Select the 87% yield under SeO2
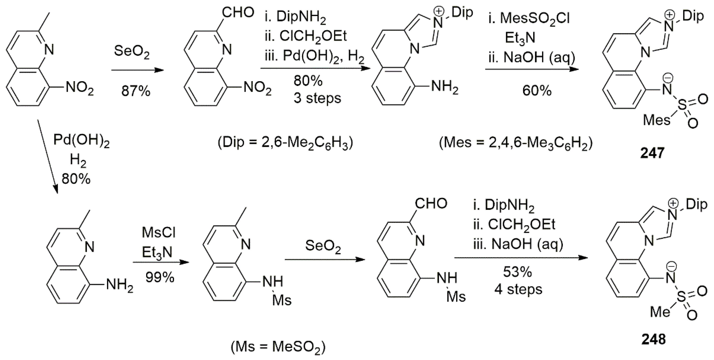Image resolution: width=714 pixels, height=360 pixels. coord(135,91)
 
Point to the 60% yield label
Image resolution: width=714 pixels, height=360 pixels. coord(537,91)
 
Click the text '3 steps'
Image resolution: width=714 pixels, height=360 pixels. coord(317,98)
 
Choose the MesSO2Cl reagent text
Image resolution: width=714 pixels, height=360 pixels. coord(529,19)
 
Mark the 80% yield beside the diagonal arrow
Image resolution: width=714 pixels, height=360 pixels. coord(76,179)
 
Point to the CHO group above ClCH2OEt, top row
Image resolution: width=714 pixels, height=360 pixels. coord(238,12)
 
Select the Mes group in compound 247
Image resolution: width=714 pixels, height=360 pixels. coord(656,120)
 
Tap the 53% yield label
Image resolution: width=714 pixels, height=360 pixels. coord(517,272)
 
